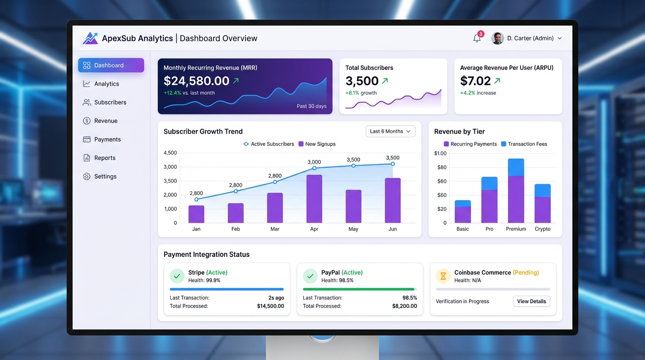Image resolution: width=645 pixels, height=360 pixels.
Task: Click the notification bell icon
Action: (477, 38)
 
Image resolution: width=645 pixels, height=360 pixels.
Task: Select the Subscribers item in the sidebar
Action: (110, 102)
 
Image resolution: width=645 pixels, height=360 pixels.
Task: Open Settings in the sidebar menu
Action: (105, 176)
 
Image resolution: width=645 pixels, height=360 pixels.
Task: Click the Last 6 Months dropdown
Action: (390, 131)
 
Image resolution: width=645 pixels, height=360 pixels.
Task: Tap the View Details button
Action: (531, 301)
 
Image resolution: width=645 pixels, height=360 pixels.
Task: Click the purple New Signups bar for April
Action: (314, 199)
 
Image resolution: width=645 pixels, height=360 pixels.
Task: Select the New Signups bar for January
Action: (196, 214)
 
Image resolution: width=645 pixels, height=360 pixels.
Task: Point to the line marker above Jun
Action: (393, 164)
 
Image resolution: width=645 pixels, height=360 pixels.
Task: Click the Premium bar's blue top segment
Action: (516, 167)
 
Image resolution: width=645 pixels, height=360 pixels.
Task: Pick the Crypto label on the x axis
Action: (542, 229)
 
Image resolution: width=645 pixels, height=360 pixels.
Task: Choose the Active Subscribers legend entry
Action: (269, 144)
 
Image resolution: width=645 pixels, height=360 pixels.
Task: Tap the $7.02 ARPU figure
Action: (475, 81)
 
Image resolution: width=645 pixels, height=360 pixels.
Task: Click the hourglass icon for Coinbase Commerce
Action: (443, 276)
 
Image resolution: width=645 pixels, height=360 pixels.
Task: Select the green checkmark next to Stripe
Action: (177, 276)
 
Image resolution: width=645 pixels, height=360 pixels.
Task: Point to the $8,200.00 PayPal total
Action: (404, 306)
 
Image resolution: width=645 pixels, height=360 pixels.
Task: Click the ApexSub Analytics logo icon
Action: (90, 38)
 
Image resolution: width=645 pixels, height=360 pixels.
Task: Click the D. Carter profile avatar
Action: (497, 38)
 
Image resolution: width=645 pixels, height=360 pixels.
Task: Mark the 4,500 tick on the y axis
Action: (170, 153)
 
